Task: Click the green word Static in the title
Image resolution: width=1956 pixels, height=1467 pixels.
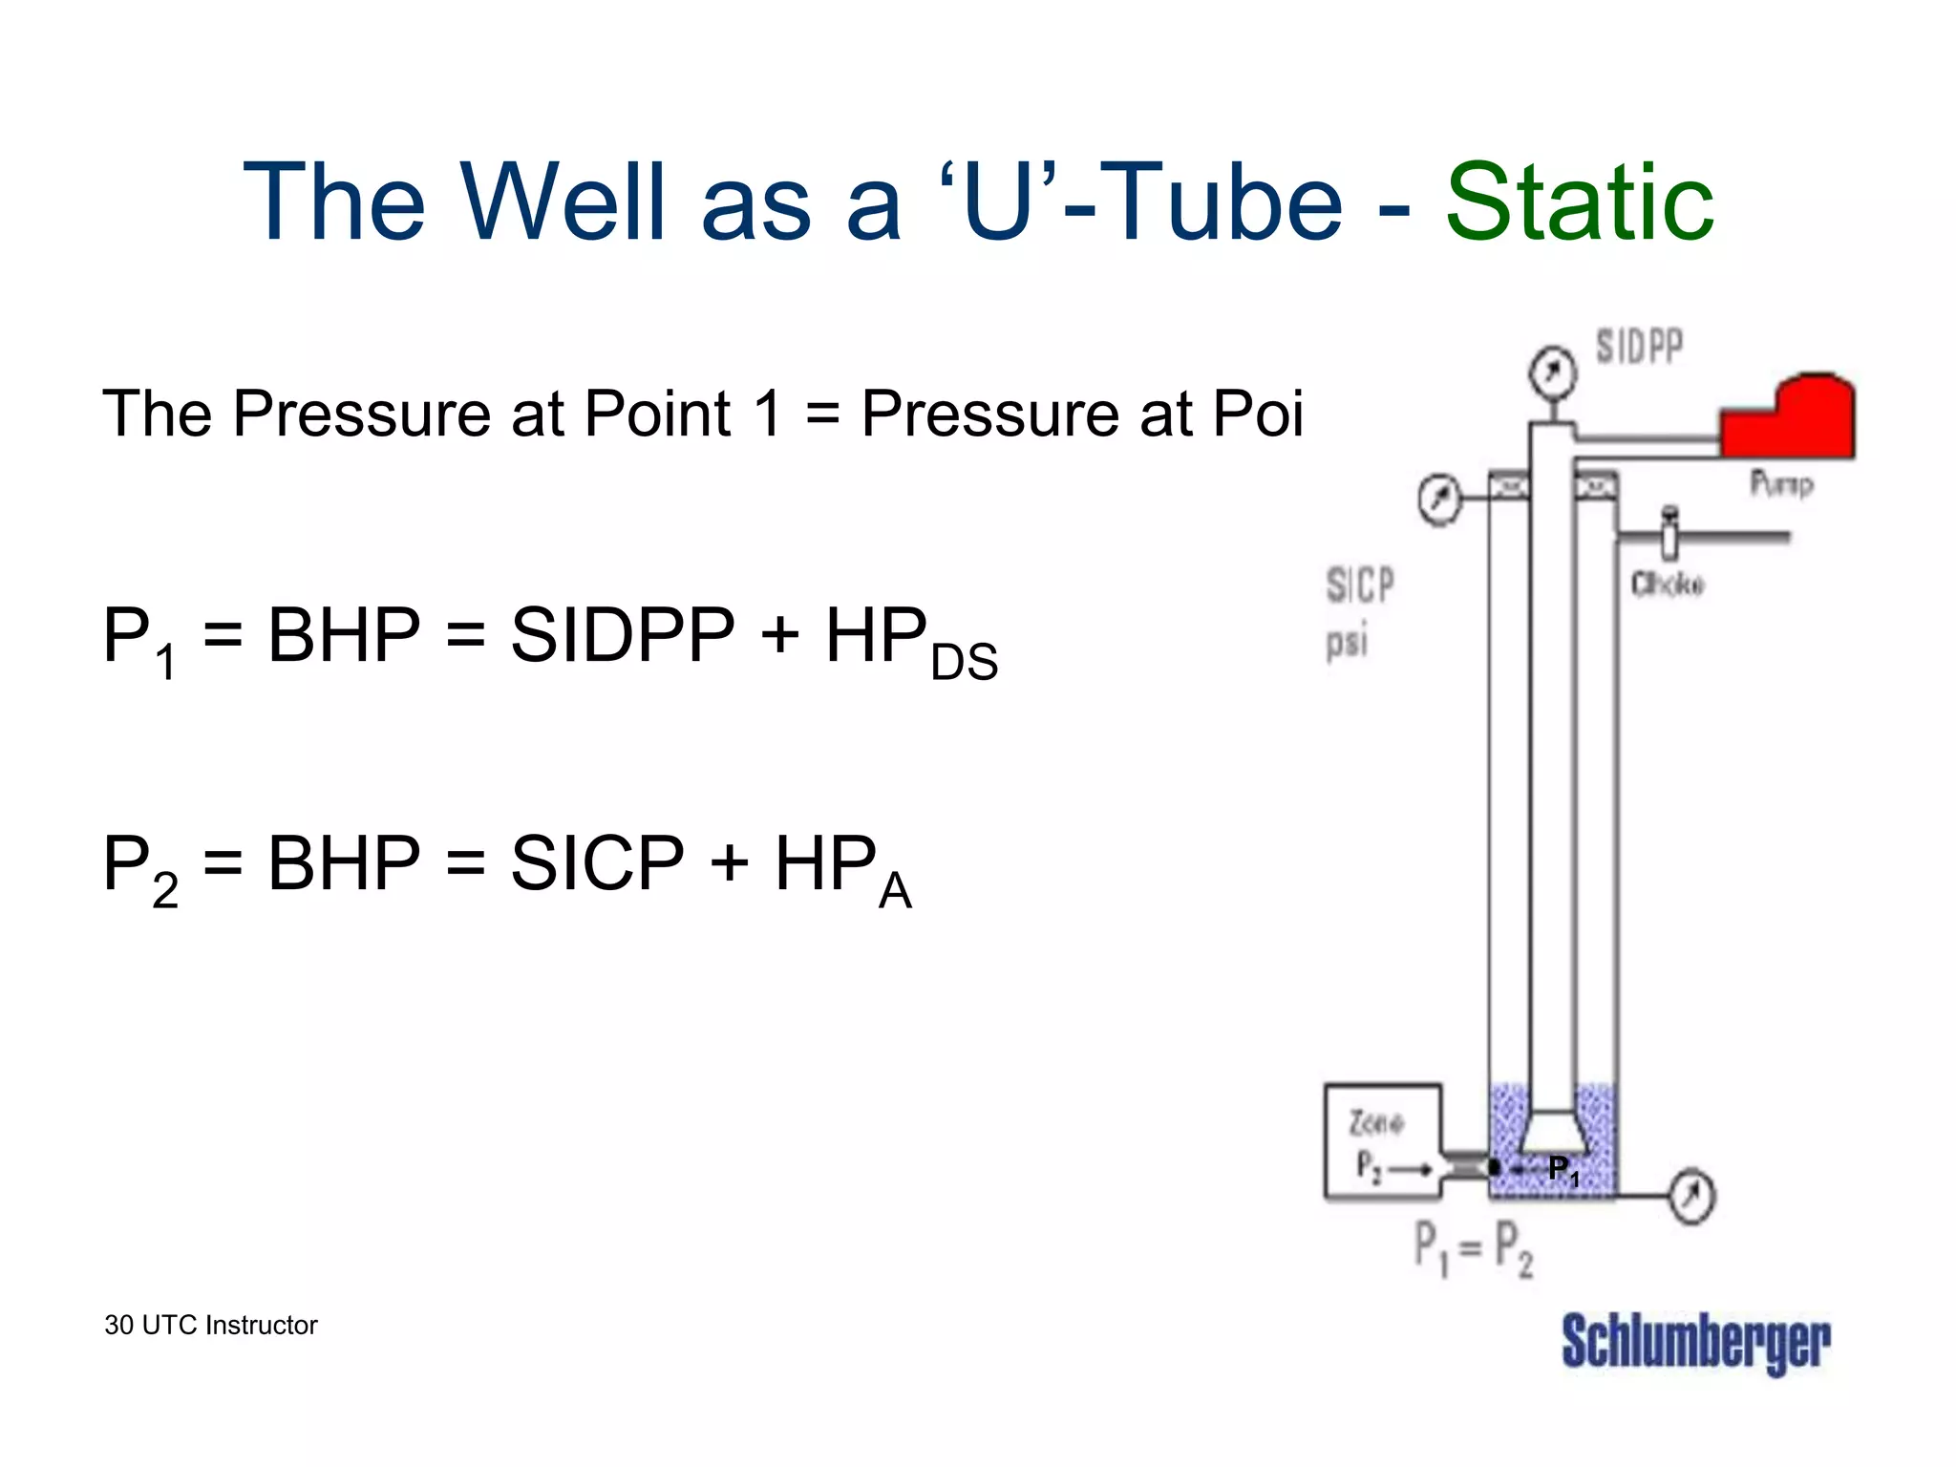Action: coord(1580,202)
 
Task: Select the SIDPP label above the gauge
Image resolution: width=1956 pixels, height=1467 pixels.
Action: coord(1639,347)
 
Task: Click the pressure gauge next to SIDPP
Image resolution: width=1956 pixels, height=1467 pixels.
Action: coord(1552,372)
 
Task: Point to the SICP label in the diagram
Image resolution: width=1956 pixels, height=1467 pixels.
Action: coord(1360,585)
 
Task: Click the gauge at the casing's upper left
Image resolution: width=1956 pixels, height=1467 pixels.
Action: coord(1439,499)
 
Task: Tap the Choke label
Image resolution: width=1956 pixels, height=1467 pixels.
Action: coord(1667,585)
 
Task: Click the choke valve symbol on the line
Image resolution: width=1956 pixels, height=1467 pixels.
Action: coord(1669,536)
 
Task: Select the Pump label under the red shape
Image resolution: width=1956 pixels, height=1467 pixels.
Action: coord(1781,484)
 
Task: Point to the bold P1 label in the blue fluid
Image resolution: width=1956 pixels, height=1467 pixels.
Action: coord(1563,1169)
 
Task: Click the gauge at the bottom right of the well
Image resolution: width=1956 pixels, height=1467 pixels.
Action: coord(1692,1195)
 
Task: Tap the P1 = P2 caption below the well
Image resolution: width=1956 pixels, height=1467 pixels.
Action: coord(1473,1248)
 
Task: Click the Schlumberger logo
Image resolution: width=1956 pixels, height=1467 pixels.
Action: coord(1695,1343)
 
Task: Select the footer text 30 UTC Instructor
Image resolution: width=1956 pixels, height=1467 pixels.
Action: coord(211,1325)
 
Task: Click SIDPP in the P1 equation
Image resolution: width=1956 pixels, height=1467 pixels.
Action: coord(623,635)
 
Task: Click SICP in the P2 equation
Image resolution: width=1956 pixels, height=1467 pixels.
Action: coord(597,863)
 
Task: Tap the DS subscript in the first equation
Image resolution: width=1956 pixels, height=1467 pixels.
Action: coord(964,662)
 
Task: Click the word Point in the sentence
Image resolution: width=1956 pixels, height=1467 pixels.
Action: coord(657,414)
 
